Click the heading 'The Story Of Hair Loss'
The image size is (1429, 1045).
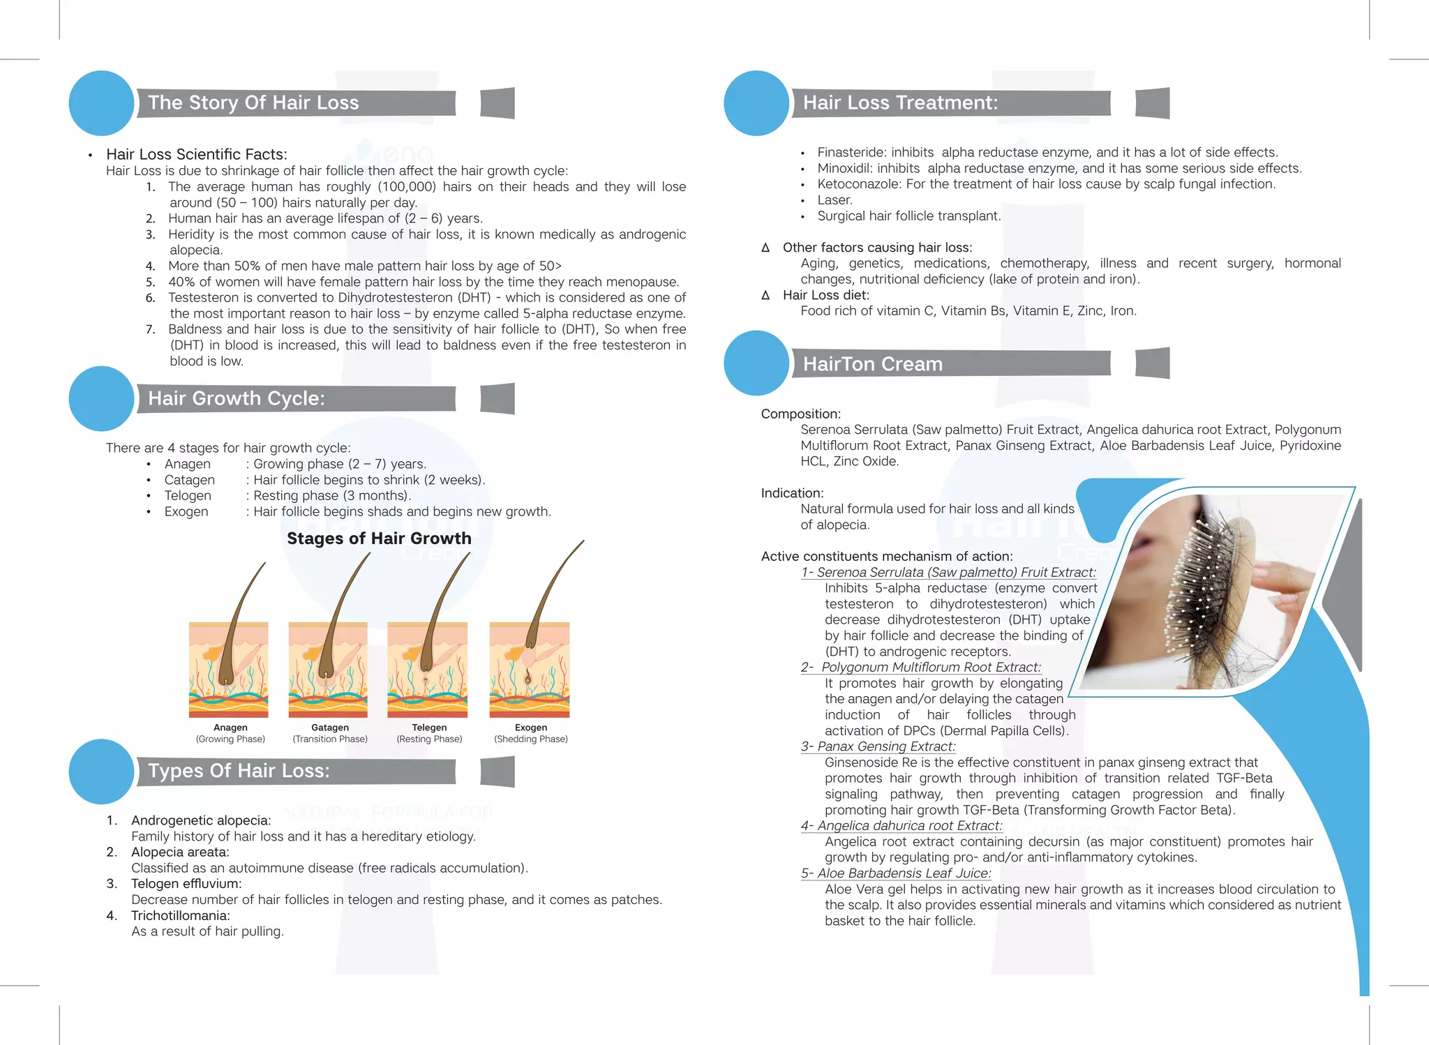[x=253, y=103]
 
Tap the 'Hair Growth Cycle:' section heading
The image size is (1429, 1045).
[x=237, y=398]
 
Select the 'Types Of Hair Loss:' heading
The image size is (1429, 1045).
[x=239, y=771]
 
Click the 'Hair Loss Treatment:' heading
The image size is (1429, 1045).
[x=900, y=103]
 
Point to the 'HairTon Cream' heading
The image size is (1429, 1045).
[x=872, y=364]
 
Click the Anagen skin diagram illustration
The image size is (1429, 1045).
[x=229, y=670]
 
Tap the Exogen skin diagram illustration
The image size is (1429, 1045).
[x=530, y=670]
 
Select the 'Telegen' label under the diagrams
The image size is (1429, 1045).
[x=429, y=728]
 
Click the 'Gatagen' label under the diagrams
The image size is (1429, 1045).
[x=330, y=728]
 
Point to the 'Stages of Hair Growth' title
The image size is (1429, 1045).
[x=379, y=539]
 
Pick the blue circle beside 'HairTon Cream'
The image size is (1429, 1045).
[x=756, y=363]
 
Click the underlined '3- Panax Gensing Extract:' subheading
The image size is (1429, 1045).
[x=878, y=746]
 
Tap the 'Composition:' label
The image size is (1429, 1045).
[x=801, y=414]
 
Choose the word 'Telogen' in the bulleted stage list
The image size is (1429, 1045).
[x=188, y=496]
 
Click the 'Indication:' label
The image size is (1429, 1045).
[x=792, y=493]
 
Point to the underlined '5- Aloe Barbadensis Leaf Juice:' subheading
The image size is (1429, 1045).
[x=896, y=873]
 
